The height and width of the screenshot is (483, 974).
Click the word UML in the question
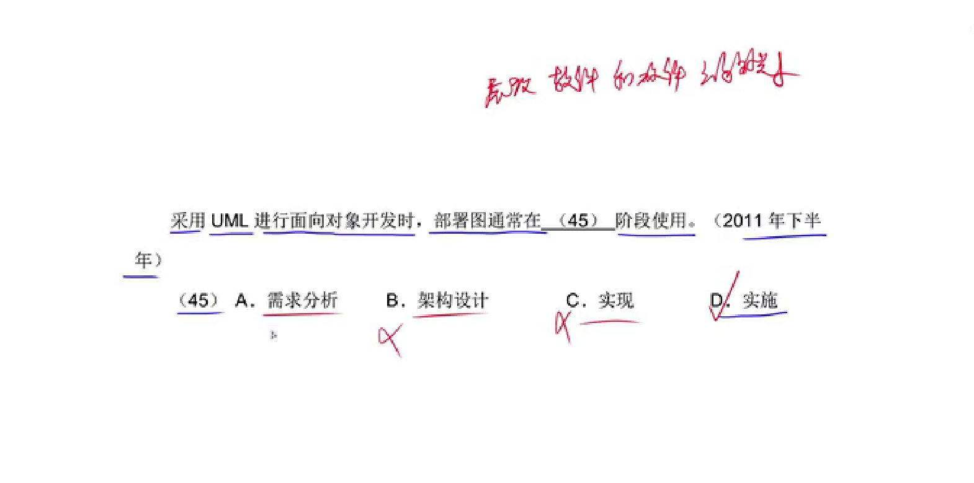coord(230,221)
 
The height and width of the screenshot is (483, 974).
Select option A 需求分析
coord(302,301)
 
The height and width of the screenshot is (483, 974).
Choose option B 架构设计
coord(453,301)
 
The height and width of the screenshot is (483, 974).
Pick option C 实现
coord(616,301)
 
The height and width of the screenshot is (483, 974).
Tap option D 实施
coord(760,301)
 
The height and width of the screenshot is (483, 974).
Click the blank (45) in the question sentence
coord(578,221)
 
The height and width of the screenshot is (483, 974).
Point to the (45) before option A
coord(199,301)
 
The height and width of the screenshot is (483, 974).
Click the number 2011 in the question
coord(742,221)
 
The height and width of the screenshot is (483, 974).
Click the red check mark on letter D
coord(725,296)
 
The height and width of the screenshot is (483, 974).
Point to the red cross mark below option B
coord(391,339)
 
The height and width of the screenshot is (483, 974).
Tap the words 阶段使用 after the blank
coord(651,221)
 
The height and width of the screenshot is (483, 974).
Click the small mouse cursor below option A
coord(274,335)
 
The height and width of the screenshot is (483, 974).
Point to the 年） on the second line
coord(148,260)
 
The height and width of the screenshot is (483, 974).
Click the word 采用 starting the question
coord(188,221)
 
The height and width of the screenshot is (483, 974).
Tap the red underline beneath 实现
coord(609,322)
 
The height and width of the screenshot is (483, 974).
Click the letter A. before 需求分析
coord(244,301)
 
